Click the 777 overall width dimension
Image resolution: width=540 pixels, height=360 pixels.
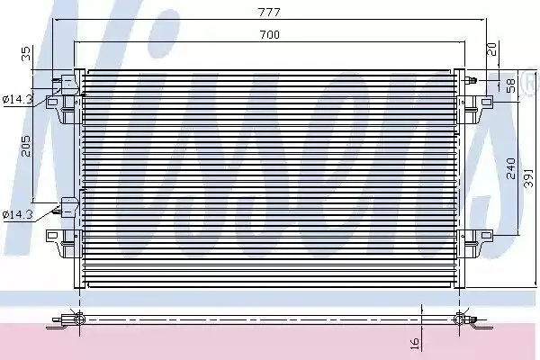click(269, 13)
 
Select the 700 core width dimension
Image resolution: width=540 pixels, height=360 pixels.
click(270, 35)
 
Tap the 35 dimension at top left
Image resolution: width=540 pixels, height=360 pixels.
click(26, 54)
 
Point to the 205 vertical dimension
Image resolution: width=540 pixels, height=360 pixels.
click(26, 146)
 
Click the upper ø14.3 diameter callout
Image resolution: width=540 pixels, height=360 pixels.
click(17, 100)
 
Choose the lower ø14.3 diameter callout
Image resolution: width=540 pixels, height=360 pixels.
click(17, 215)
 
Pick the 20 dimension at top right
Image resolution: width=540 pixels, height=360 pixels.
click(492, 49)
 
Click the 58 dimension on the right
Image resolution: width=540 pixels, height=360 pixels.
click(511, 85)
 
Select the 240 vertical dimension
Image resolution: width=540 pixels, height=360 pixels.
click(511, 168)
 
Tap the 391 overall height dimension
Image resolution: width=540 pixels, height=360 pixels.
click(528, 178)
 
